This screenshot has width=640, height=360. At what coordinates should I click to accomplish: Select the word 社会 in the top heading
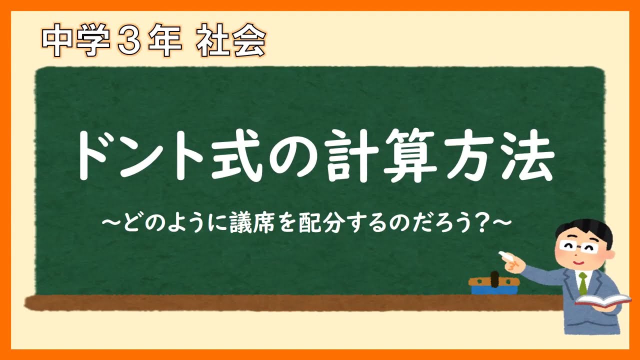coord(230,42)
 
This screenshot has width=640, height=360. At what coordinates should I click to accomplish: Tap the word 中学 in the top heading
coord(75,42)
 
